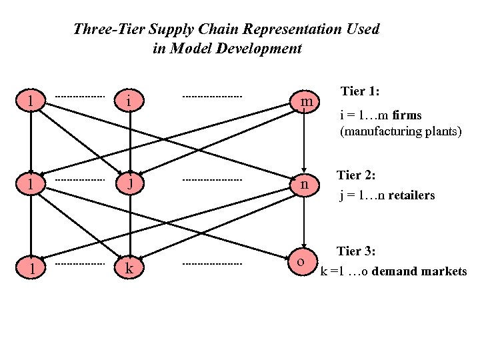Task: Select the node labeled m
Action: coord(305,102)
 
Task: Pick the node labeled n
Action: coord(305,183)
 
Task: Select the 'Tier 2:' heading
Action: coord(357,175)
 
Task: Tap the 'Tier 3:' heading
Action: coord(357,251)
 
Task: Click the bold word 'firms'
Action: coord(407,115)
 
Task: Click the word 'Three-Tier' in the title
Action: coord(103,29)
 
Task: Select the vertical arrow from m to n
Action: coord(305,141)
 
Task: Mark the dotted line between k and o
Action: coord(212,265)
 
